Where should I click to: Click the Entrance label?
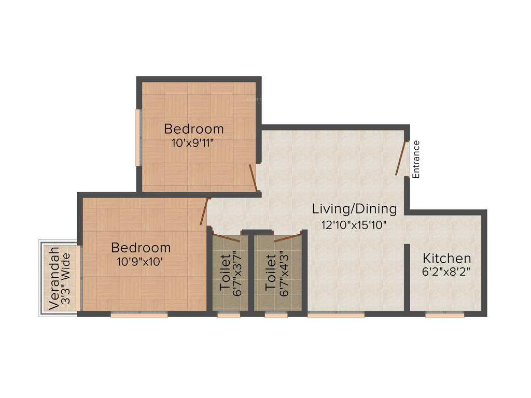(x=416, y=159)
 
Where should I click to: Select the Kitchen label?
(x=446, y=258)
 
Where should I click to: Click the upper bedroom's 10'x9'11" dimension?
(x=193, y=143)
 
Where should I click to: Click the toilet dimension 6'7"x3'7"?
(x=237, y=274)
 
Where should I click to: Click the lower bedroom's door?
(x=204, y=211)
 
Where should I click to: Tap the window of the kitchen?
(x=444, y=314)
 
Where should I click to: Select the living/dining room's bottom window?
(x=336, y=314)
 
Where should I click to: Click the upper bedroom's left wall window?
(x=138, y=137)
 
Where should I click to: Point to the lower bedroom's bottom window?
(x=139, y=314)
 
